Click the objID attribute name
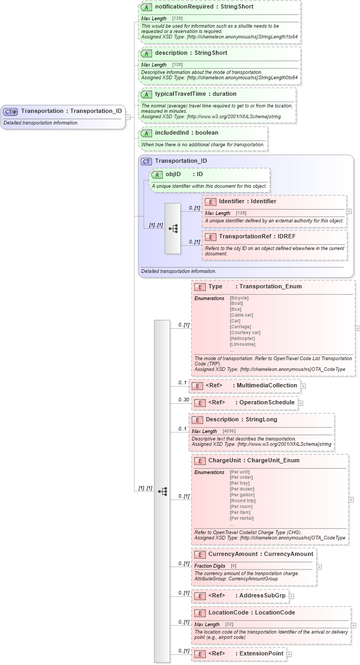pyautogui.click(x=173, y=174)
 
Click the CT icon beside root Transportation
pyautogui.click(x=11, y=111)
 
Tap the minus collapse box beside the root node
pyautogui.click(x=128, y=117)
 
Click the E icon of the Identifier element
pyautogui.click(x=210, y=202)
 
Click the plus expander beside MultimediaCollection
pyautogui.click(x=303, y=386)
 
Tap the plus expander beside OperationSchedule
pyautogui.click(x=300, y=403)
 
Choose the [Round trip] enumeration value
pyautogui.click(x=242, y=501)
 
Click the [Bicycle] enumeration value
pyautogui.click(x=239, y=298)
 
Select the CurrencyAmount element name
pyautogui.click(x=227, y=554)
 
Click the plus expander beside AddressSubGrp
pyautogui.click(x=291, y=596)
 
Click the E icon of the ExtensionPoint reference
pyautogui.click(x=200, y=654)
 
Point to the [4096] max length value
pyautogui.click(x=229, y=431)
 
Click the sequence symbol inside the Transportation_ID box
pyautogui.click(x=173, y=228)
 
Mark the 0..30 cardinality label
pyautogui.click(x=183, y=400)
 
